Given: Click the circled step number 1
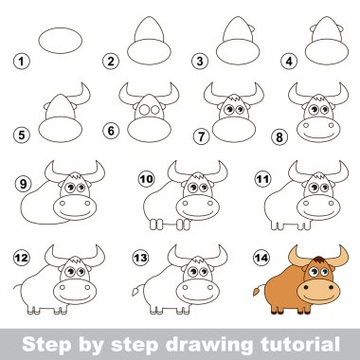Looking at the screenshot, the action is (22, 61).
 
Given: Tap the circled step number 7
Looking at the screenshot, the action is (201, 136).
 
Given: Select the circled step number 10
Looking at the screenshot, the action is (146, 179).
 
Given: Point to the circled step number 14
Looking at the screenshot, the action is (261, 258).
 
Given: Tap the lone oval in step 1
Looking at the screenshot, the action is (61, 41).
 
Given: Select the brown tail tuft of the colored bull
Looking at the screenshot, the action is (256, 290).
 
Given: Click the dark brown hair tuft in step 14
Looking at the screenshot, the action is (318, 260).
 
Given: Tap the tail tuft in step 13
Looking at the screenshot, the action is (135, 290).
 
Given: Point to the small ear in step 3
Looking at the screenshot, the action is (252, 28).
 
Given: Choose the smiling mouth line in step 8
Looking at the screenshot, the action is (318, 136).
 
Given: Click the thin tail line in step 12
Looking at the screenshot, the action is (18, 287).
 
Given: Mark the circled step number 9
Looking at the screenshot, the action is (23, 184).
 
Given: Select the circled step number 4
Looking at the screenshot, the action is (289, 61).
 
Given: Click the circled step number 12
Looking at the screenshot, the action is (22, 258).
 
